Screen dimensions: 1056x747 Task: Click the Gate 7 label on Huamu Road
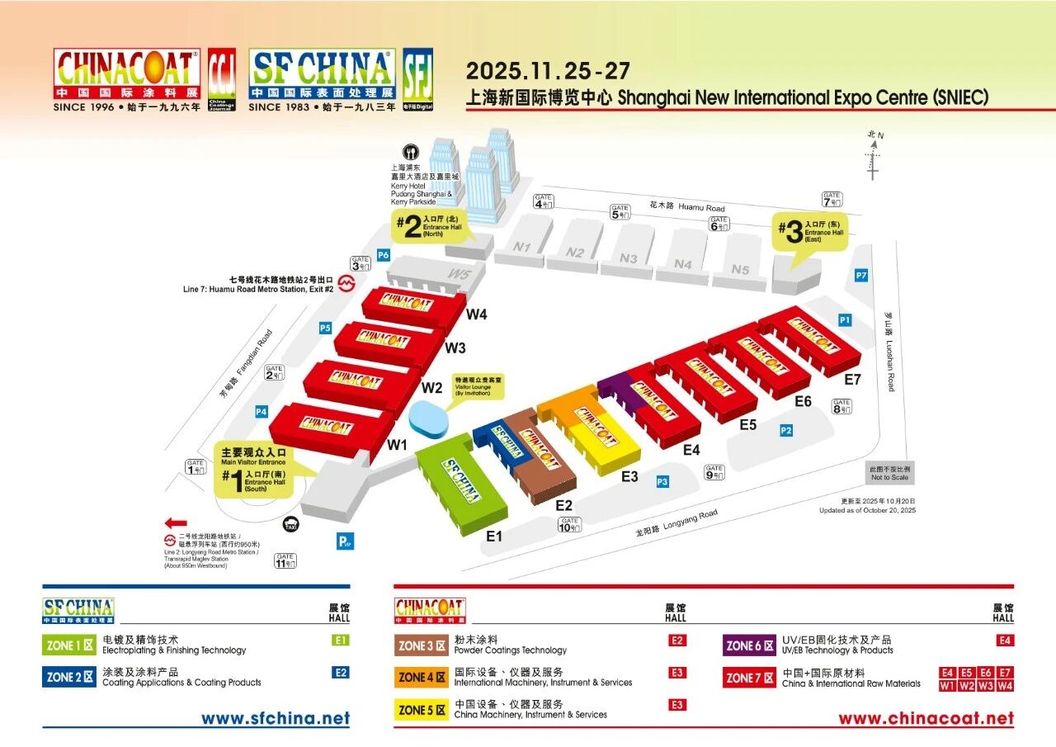click(x=832, y=199)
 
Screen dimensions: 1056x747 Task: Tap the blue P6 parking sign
click(x=383, y=255)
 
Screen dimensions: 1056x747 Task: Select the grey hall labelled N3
click(x=629, y=258)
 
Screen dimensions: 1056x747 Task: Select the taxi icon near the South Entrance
click(x=290, y=525)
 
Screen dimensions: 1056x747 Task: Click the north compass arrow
click(x=873, y=157)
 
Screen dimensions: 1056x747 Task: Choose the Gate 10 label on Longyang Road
click(x=569, y=524)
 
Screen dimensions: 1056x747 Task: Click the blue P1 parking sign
click(x=844, y=319)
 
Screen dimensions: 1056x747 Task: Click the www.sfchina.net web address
click(x=276, y=718)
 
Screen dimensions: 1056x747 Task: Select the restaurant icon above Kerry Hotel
click(x=409, y=153)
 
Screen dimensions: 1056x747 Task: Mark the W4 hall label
click(x=476, y=314)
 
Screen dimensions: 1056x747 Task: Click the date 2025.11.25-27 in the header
click(x=548, y=70)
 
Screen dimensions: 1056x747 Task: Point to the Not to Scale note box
click(x=889, y=473)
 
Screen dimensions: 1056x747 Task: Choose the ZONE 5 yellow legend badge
click(x=422, y=710)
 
